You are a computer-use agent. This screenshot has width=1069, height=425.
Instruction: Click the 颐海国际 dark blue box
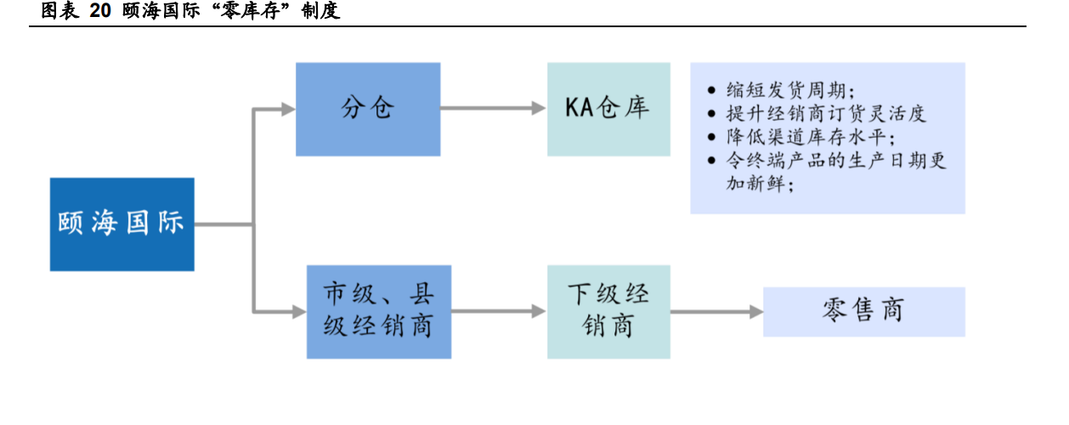122,224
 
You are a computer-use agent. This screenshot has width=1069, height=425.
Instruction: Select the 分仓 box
368,109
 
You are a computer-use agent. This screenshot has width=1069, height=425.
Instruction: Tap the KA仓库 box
608,109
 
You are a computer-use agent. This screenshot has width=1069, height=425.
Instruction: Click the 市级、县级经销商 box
378,311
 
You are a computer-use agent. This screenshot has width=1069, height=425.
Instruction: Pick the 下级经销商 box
608,311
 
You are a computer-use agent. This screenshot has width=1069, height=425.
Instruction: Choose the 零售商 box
863,311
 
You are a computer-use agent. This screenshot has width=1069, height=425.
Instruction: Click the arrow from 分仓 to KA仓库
493,109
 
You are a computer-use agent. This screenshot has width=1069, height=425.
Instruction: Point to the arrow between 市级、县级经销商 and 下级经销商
498,312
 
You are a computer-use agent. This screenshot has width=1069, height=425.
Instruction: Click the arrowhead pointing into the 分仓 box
287,109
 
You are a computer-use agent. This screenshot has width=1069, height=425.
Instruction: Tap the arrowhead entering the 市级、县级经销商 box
298,312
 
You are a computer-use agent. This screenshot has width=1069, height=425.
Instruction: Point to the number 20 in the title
100,13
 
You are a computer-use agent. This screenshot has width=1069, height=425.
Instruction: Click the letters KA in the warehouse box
580,109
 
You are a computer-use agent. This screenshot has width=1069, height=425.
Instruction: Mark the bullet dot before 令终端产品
711,161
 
